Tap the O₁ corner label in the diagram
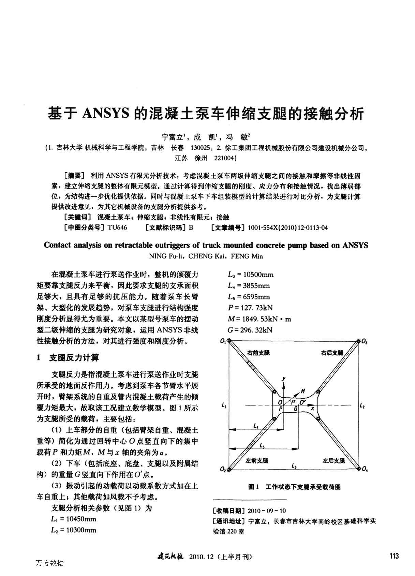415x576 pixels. (x=223, y=341)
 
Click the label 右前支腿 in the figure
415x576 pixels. (x=258, y=353)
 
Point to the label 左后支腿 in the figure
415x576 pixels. (x=334, y=460)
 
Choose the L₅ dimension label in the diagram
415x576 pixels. (x=262, y=445)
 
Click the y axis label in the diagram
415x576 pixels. (x=283, y=379)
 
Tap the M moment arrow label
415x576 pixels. (x=302, y=391)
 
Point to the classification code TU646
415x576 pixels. (x=117, y=227)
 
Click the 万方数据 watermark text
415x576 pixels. (x=49, y=563)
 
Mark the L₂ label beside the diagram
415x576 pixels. (x=362, y=406)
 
